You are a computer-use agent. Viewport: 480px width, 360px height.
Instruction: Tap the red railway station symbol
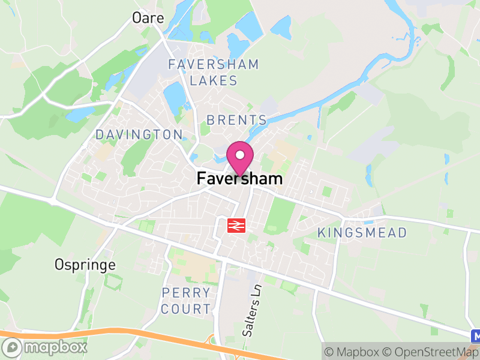[x=236, y=225]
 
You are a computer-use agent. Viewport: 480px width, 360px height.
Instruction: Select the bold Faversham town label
[x=239, y=179]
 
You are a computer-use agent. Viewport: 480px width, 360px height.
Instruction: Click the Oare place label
[x=148, y=18]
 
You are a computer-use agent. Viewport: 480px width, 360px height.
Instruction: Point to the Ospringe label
[x=85, y=264]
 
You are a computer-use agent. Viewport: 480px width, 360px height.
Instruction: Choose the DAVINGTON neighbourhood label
[x=139, y=134]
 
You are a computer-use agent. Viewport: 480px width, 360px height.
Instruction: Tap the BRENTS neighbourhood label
[x=236, y=120]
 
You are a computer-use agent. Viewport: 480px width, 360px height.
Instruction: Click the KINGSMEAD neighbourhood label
[x=362, y=232]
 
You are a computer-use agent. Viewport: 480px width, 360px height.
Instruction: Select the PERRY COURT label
[x=187, y=301]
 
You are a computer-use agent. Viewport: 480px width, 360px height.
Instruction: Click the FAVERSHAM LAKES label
[x=214, y=72]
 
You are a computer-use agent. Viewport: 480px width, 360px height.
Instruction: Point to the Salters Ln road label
[x=253, y=310]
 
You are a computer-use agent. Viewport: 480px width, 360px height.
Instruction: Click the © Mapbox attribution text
[x=353, y=352]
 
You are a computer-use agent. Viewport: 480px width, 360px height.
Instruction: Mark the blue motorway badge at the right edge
[x=475, y=335]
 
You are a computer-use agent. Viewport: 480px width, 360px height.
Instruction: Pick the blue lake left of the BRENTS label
[x=175, y=97]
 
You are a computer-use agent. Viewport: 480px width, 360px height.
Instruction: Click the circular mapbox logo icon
[x=13, y=347]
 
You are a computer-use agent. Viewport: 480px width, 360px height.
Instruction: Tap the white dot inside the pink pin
[x=240, y=155]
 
